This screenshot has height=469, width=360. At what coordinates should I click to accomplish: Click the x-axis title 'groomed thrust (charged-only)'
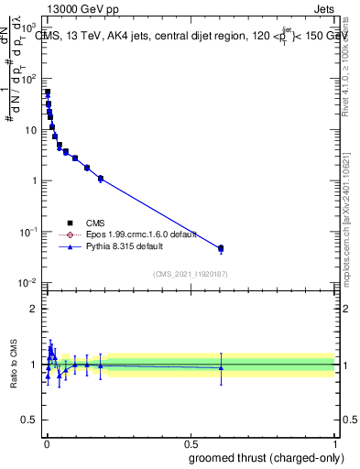click(267, 457)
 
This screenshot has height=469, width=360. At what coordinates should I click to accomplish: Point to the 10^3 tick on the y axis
click(30, 27)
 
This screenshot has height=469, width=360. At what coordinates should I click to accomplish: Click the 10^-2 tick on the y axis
click(30, 282)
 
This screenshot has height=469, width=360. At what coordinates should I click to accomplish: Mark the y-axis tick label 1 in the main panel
click(37, 180)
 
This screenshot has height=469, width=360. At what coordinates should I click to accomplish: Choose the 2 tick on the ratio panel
click(37, 309)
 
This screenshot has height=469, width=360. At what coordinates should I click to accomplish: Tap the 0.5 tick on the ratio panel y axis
click(32, 421)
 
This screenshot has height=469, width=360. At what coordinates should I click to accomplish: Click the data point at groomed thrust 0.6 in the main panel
click(221, 248)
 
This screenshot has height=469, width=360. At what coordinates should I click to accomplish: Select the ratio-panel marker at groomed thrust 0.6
click(221, 367)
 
